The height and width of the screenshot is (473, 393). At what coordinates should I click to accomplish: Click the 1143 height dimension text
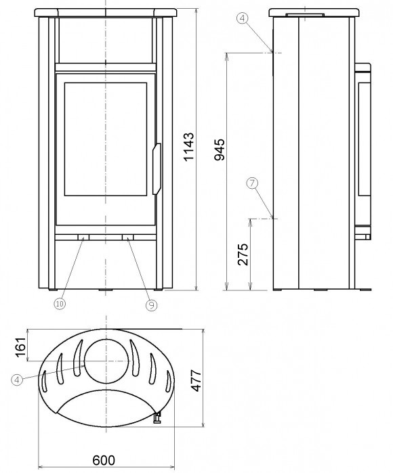tap(190, 147)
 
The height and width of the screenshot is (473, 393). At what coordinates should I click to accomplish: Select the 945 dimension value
tap(220, 150)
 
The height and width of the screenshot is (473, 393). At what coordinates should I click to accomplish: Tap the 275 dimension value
tap(243, 254)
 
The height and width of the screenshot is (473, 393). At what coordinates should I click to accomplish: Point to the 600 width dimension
tap(104, 460)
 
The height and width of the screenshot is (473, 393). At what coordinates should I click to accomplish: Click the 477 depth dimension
tap(196, 380)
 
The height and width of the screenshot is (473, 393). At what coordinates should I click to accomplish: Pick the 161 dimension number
tap(21, 347)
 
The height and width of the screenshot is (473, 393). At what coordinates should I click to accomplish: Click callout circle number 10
tap(60, 304)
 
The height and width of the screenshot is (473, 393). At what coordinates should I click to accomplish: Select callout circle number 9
tap(151, 305)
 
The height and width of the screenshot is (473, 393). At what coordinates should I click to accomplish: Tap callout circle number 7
tap(252, 183)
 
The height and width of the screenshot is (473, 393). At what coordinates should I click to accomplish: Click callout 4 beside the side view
tap(243, 18)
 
